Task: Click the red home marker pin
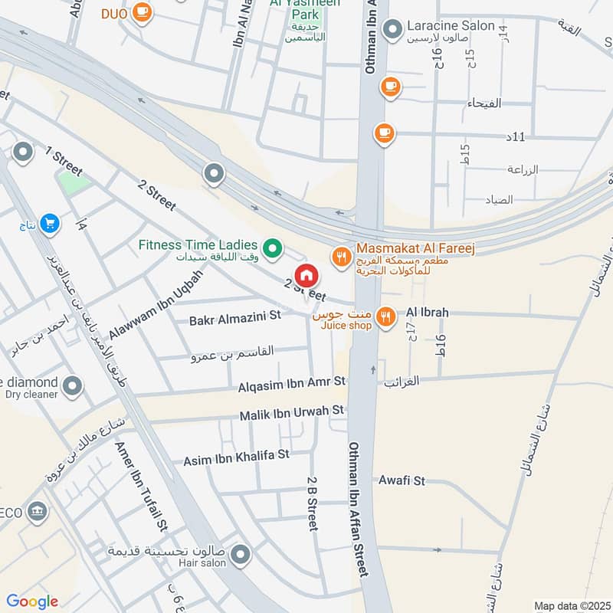click(x=306, y=276)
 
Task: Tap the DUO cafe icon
click(x=142, y=12)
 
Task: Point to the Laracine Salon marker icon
click(x=392, y=29)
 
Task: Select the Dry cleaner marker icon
click(x=73, y=385)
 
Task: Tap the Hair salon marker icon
click(x=241, y=554)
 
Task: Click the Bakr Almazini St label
click(x=235, y=316)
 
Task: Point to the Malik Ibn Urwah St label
click(x=292, y=414)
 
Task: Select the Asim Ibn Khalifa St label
click(x=236, y=457)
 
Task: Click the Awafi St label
click(x=402, y=481)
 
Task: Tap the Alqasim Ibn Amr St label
click(x=292, y=381)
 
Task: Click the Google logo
click(x=32, y=602)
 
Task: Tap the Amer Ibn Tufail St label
click(x=141, y=490)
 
